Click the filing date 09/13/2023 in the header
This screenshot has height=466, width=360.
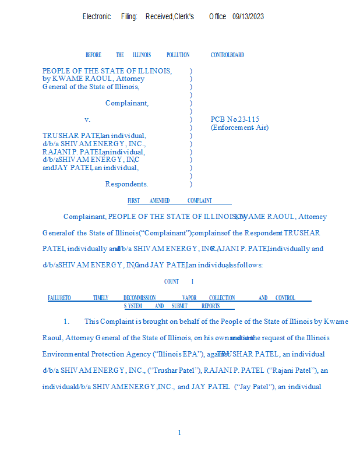point(248,16)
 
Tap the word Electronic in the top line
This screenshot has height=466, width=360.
point(97,16)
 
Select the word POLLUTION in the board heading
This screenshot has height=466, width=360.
point(178,55)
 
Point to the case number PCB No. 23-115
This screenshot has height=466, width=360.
point(235,119)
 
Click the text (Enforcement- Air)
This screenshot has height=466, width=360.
point(239,128)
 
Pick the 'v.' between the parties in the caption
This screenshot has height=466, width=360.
point(87,119)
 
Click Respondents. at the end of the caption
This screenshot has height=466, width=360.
point(126,184)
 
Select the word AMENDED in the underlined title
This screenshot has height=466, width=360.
point(160,200)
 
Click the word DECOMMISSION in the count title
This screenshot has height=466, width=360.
point(139,298)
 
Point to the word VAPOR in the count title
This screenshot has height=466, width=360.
point(189,298)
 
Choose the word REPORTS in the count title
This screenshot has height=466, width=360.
point(210,306)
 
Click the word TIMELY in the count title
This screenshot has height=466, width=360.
point(101,298)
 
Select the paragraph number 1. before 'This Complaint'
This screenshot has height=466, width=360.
point(66,322)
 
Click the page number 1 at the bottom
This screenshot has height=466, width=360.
point(179,432)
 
